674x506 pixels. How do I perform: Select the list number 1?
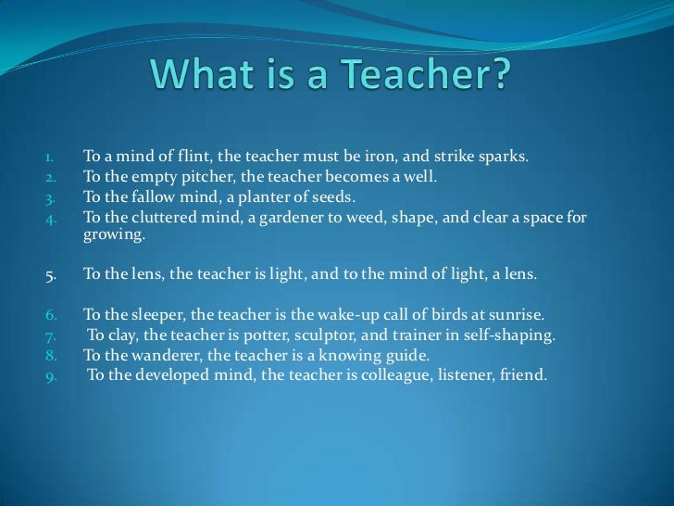(52, 157)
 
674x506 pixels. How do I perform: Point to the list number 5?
(52, 274)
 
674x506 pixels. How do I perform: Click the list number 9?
(52, 377)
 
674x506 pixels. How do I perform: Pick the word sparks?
(505, 156)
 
